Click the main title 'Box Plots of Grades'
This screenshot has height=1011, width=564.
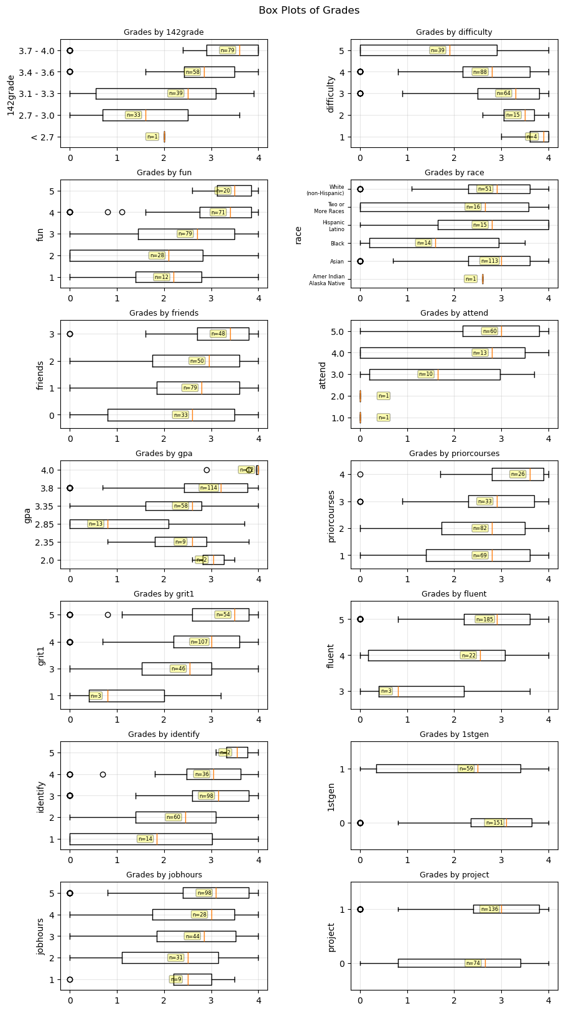coord(308,11)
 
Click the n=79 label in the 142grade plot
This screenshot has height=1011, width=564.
coord(228,50)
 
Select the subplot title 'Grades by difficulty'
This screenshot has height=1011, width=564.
coord(454,32)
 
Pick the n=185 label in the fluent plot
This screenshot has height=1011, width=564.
coord(484,620)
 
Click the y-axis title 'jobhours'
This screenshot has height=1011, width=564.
coord(41,936)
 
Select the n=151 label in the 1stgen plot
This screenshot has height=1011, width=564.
coord(494,823)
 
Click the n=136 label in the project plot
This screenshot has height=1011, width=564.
coord(489,909)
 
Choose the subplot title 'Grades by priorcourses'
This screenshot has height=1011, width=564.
coord(454,454)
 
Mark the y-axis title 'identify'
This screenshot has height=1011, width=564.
coord(41,796)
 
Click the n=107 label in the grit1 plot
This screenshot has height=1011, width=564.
coord(199,642)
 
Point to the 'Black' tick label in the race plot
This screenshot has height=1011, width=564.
coord(337,244)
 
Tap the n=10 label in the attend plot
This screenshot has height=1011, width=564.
coord(426,374)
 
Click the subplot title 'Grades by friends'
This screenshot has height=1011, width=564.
coord(164,313)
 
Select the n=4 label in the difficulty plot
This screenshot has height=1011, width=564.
coord(532,137)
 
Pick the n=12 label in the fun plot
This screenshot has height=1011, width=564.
coord(161,277)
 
